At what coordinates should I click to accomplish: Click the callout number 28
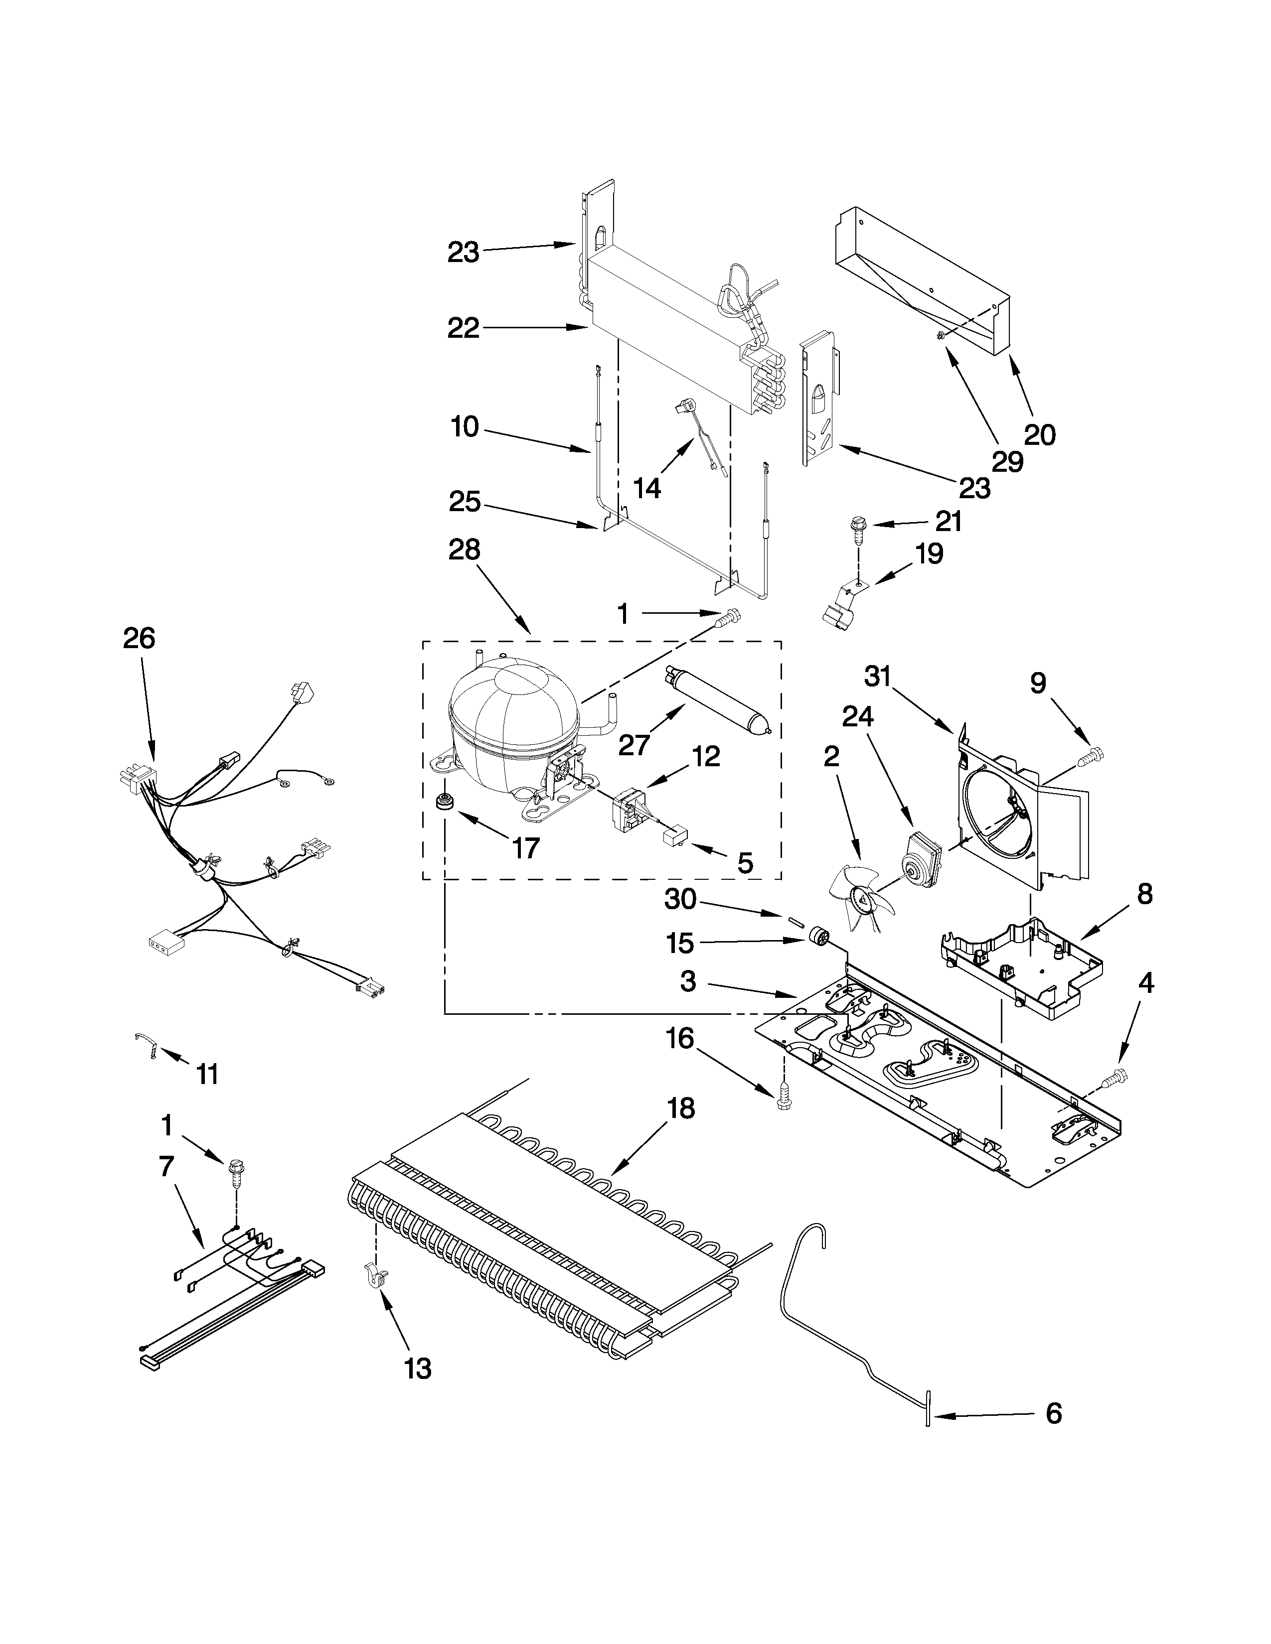(464, 550)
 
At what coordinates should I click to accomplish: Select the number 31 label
(878, 678)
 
